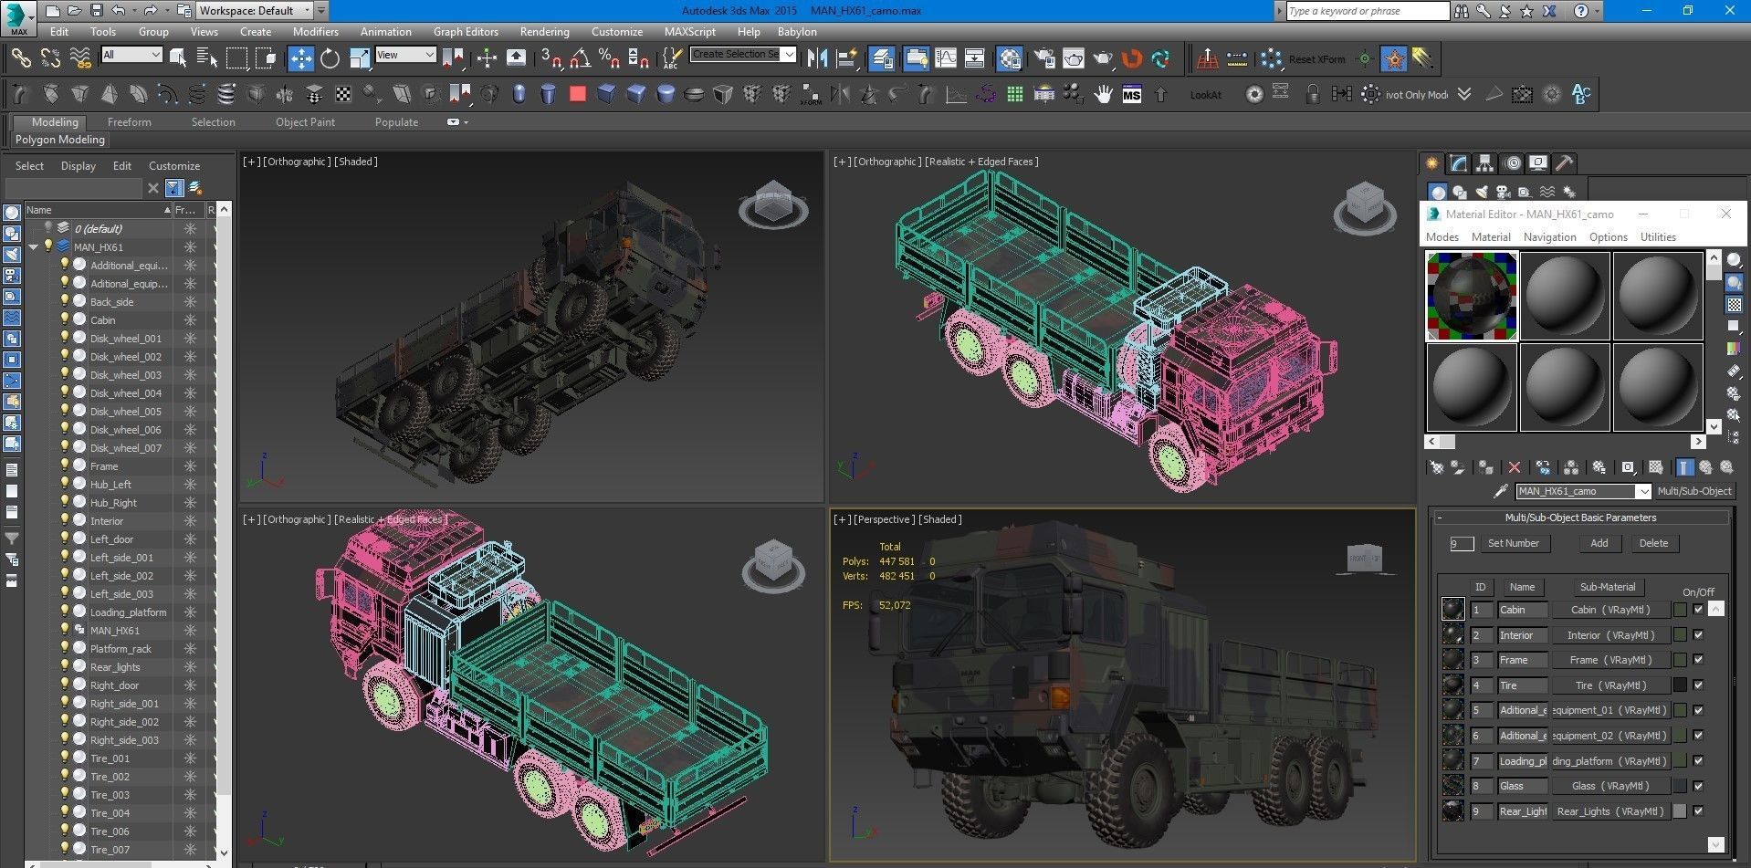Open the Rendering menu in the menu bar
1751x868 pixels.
544,31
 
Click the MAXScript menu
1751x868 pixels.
689,31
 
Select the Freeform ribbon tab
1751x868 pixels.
129,121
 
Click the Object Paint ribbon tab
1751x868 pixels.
305,121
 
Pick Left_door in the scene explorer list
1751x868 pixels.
111,539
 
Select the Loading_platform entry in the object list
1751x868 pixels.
128,612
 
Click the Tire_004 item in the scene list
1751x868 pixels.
110,813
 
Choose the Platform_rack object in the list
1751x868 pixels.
121,649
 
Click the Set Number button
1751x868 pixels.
1513,543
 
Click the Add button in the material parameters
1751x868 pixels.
1599,543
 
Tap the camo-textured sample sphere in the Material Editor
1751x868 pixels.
1472,297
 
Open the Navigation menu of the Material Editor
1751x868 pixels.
1549,237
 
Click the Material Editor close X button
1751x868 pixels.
1725,214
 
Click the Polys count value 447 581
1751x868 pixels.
896,561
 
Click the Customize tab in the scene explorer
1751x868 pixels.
173,166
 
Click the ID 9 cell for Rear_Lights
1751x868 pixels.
1480,811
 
